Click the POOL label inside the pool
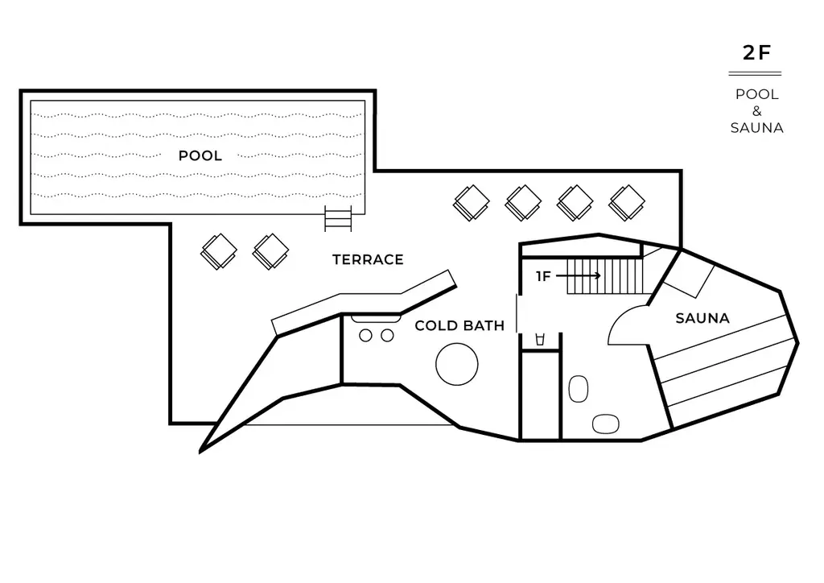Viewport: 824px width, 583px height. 200,155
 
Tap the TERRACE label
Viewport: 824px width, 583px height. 368,259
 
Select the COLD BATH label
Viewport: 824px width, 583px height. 459,325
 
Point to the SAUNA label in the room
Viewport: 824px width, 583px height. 702,318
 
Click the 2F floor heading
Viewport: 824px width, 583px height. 756,52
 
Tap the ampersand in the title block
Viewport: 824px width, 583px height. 756,111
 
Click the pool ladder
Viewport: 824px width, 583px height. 338,218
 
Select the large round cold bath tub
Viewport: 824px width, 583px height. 457,364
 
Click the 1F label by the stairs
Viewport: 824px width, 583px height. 543,276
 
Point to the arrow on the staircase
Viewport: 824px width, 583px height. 578,275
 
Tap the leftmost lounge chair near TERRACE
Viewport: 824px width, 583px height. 219,252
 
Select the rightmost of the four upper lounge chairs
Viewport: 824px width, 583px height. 627,203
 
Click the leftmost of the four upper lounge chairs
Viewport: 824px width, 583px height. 472,203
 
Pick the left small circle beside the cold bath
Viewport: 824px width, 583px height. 365,336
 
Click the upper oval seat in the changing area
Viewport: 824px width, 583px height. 578,389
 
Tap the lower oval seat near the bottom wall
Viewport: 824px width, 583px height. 605,424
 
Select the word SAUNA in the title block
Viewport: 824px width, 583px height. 756,128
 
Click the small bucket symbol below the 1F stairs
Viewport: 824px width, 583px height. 540,340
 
